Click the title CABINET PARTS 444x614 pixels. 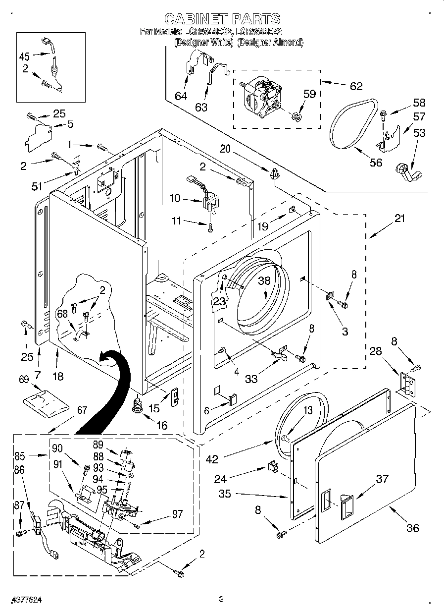click(222, 19)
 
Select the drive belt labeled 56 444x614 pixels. click(352, 125)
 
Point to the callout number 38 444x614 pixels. click(264, 280)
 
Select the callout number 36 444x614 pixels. click(412, 528)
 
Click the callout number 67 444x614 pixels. click(82, 410)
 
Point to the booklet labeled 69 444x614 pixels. click(45, 402)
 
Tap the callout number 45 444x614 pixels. click(25, 56)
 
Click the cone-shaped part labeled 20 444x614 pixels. click(274, 173)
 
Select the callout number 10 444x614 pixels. click(175, 199)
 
